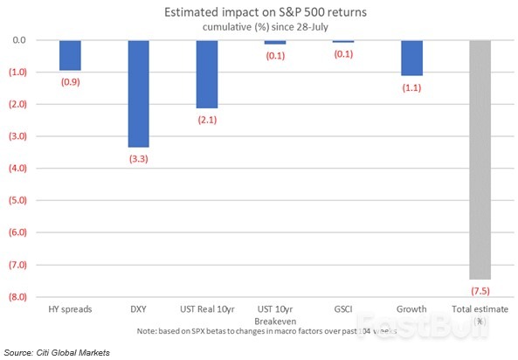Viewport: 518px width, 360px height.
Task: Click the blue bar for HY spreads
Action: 70,55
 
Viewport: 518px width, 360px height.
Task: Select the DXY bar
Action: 138,93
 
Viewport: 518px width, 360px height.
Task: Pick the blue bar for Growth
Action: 411,58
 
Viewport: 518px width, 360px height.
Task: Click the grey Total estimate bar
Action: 480,160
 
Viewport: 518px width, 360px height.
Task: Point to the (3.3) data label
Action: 138,157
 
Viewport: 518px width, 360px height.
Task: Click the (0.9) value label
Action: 70,81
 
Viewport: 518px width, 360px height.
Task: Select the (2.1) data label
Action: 206,119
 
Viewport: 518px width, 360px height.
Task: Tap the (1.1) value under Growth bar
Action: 411,87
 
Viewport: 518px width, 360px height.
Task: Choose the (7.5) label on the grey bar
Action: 480,290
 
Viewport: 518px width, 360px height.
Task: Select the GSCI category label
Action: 343,309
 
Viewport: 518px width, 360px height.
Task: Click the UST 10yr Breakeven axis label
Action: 274,315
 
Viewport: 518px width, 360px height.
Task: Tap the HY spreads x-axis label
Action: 70,309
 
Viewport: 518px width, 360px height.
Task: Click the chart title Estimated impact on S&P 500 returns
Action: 259,13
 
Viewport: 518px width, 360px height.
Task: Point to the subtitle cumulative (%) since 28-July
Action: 259,27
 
